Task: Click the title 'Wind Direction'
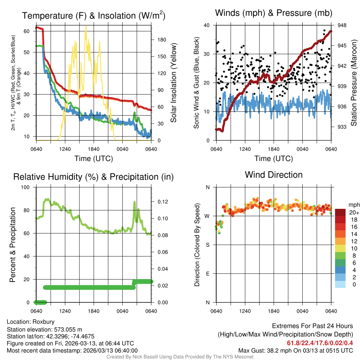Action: point(274,175)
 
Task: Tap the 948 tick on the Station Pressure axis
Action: point(342,25)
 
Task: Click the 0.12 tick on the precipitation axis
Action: point(160,201)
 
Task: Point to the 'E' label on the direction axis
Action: point(207,274)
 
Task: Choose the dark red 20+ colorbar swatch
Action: point(341,212)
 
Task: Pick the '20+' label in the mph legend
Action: point(353,212)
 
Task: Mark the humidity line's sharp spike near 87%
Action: point(134,202)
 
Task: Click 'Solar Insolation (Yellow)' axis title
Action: point(173,83)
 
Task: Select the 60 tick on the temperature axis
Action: point(27,31)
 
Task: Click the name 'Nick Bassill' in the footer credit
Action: point(141,357)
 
